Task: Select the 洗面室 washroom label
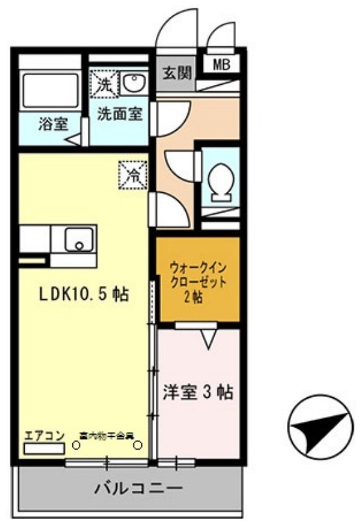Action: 119,113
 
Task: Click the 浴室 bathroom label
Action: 52,124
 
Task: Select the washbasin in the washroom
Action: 134,82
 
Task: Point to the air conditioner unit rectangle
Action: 44,448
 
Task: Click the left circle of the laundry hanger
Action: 76,446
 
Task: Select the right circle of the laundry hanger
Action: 138,446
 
